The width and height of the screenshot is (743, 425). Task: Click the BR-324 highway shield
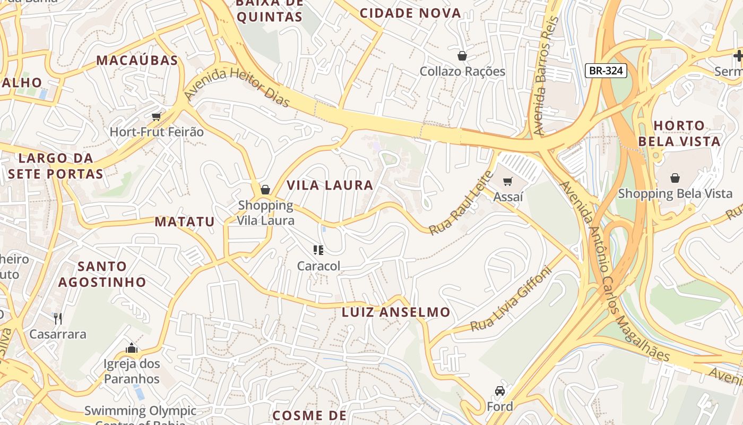[607, 71]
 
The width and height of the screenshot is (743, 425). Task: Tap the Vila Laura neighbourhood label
[330, 185]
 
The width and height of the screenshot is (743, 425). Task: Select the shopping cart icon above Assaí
[508, 182]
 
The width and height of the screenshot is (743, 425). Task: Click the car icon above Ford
[499, 391]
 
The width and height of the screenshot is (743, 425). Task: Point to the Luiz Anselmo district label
[396, 312]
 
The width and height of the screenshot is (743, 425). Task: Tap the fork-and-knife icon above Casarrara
[58, 319]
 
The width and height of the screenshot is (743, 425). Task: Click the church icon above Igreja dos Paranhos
[132, 348]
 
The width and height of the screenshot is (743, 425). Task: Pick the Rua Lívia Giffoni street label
[511, 300]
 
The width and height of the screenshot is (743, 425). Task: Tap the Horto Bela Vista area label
[679, 133]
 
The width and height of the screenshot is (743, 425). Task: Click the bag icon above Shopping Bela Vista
[675, 178]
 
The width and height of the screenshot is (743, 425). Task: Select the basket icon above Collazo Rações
[462, 56]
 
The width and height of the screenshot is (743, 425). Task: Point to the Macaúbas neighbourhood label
[137, 61]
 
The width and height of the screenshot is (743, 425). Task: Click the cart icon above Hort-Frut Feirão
[156, 116]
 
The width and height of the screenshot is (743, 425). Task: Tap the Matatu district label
[185, 222]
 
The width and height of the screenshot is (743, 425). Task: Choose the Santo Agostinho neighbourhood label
[102, 274]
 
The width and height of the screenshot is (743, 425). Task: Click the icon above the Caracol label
[318, 250]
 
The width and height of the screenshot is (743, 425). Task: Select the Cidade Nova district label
[410, 14]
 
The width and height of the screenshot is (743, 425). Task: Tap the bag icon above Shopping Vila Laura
[265, 190]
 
